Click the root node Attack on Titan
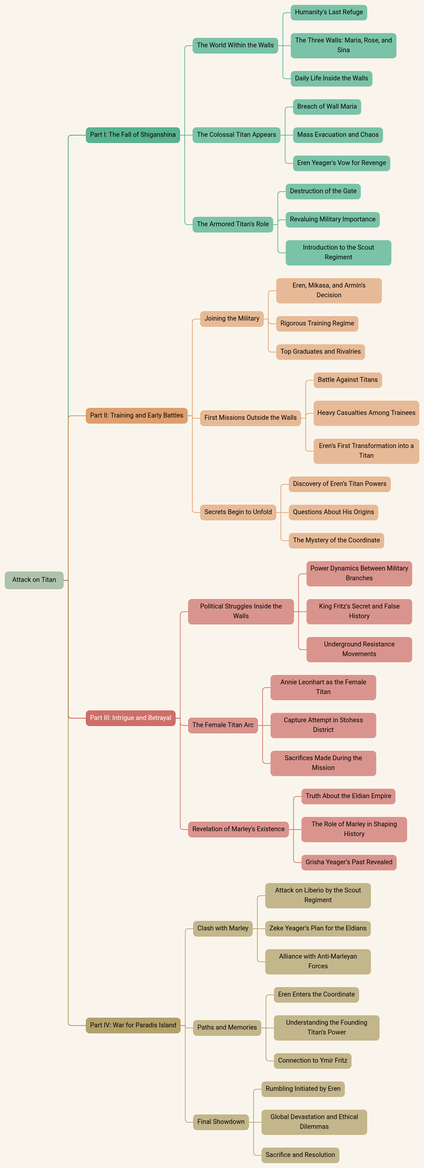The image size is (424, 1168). (x=34, y=580)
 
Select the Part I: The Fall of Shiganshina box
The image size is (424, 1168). (x=133, y=135)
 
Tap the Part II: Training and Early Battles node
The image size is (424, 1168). (x=136, y=415)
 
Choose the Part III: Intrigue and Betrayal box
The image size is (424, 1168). (x=131, y=718)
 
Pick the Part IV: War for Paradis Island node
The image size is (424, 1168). (x=133, y=1025)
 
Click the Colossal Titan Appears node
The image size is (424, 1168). (x=236, y=135)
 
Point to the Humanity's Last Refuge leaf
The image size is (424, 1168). (x=329, y=12)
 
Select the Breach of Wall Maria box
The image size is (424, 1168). (x=327, y=107)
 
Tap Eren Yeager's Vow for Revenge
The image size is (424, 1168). (x=341, y=163)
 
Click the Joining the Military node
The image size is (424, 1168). (x=232, y=319)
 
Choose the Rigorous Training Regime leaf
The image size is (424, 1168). (x=317, y=323)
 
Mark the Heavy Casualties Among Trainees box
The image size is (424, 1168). (x=366, y=413)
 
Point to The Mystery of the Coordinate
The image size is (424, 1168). (x=336, y=540)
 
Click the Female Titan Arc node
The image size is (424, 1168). (x=223, y=725)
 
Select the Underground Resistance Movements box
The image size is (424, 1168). (x=359, y=649)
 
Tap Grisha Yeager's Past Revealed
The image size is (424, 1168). (x=349, y=862)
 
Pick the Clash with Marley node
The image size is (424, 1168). (x=223, y=928)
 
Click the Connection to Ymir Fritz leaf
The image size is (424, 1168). (x=312, y=1061)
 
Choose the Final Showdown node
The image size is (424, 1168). (x=221, y=1122)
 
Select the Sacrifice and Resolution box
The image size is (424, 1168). (x=300, y=1155)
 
